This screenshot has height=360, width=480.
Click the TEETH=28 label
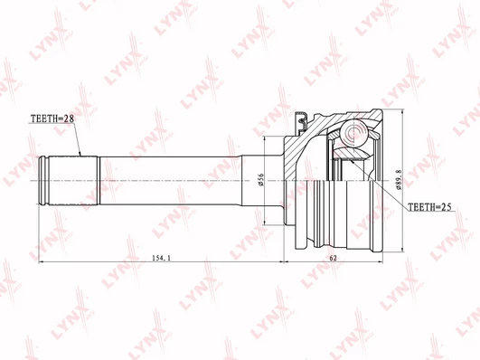pyautogui.click(x=52, y=118)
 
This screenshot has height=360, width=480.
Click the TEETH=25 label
pyautogui.click(x=429, y=207)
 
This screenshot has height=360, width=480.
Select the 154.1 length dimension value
pyautogui.click(x=161, y=258)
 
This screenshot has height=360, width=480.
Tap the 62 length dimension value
pyautogui.click(x=333, y=258)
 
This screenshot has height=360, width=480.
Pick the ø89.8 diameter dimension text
pyautogui.click(x=399, y=181)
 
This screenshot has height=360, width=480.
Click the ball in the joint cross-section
pyautogui.click(x=354, y=134)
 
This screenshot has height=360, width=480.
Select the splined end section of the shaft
pyautogui.click(x=73, y=181)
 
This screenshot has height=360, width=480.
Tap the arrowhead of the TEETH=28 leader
pyautogui.click(x=80, y=154)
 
